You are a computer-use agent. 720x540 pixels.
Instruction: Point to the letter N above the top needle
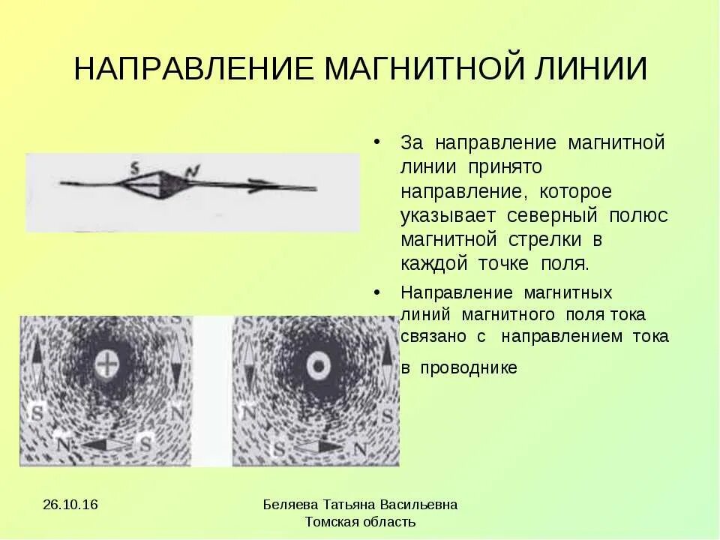pyautogui.click(x=191, y=172)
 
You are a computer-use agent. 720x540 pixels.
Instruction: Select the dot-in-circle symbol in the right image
pyautogui.click(x=318, y=366)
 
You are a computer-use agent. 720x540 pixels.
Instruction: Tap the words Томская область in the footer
pyautogui.click(x=361, y=522)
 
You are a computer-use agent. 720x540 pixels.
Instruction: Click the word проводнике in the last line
pyautogui.click(x=469, y=368)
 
